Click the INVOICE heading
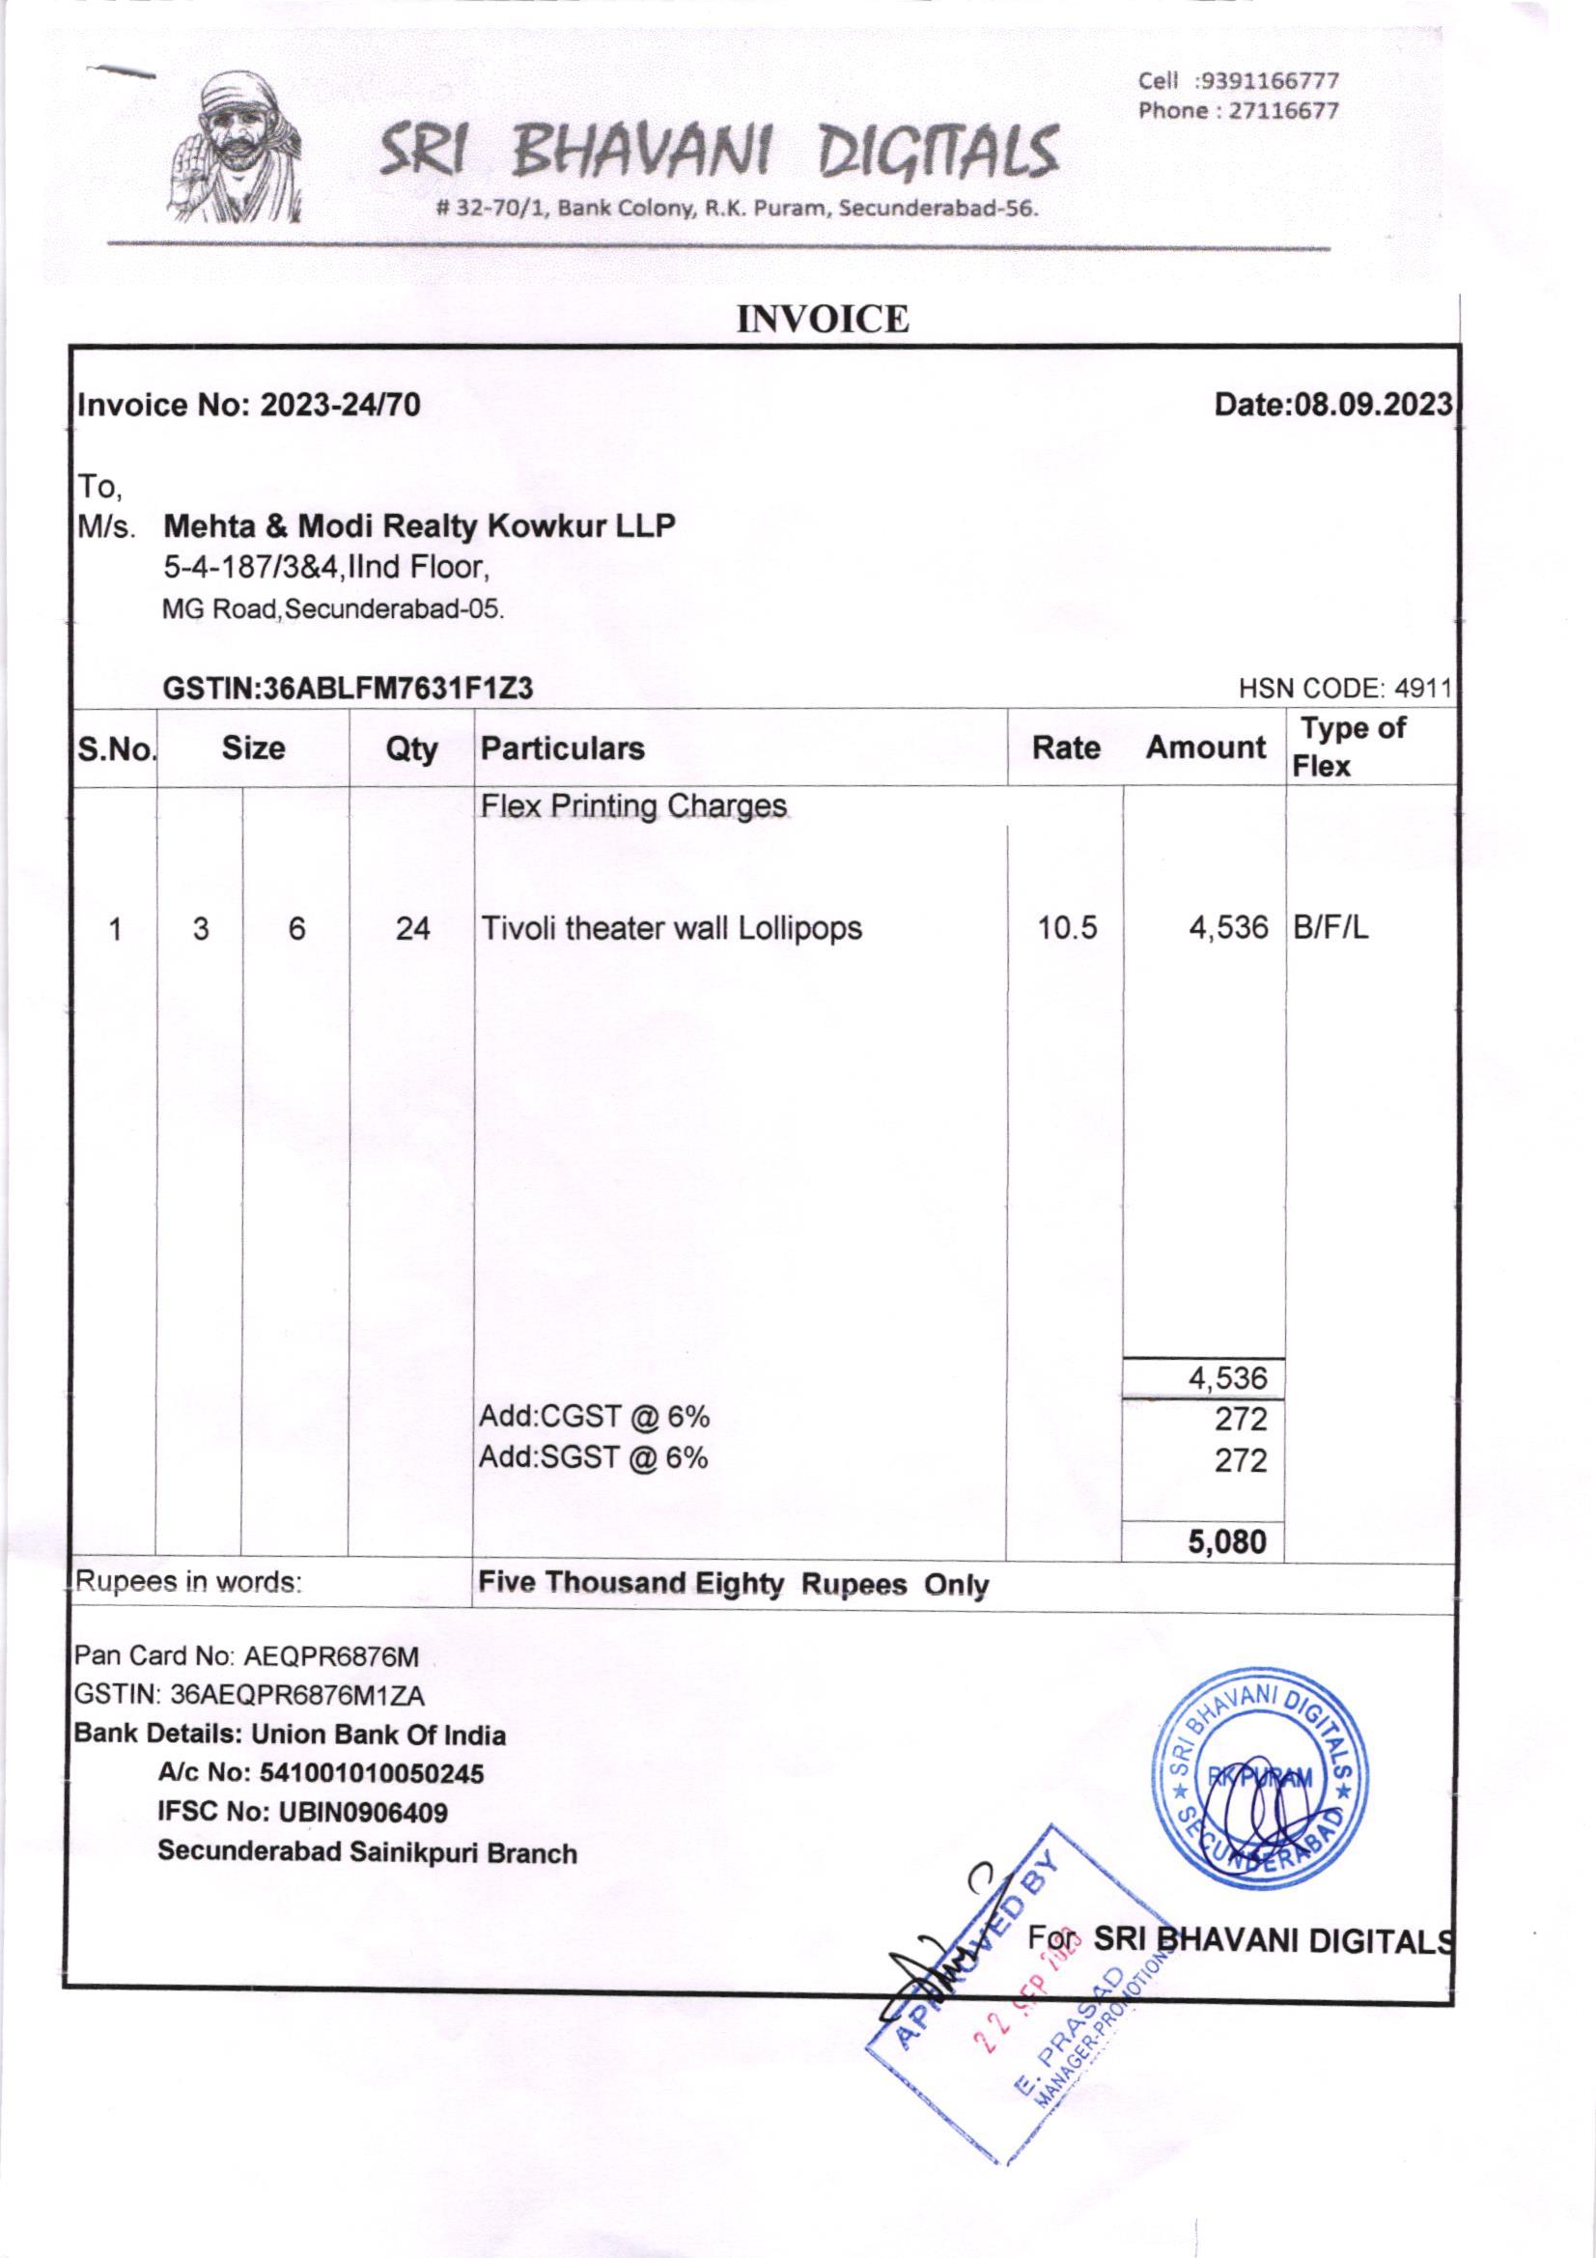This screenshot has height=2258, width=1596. (823, 320)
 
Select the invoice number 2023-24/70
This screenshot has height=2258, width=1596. (339, 406)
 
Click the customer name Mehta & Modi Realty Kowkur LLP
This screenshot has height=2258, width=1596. (419, 526)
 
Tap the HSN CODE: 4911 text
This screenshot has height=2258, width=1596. (1344, 690)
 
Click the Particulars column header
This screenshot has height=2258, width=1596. (563, 748)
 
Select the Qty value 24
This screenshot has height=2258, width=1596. (412, 928)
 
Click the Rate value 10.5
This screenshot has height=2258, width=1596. (1067, 928)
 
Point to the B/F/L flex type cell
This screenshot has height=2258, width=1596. (1330, 928)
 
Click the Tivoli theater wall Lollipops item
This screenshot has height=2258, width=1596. (671, 928)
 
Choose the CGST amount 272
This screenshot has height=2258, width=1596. (1240, 1419)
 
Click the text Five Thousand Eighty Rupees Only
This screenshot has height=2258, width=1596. (733, 1584)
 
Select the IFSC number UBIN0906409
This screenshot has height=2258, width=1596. (363, 1812)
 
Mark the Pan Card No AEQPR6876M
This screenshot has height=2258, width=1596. (330, 1657)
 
